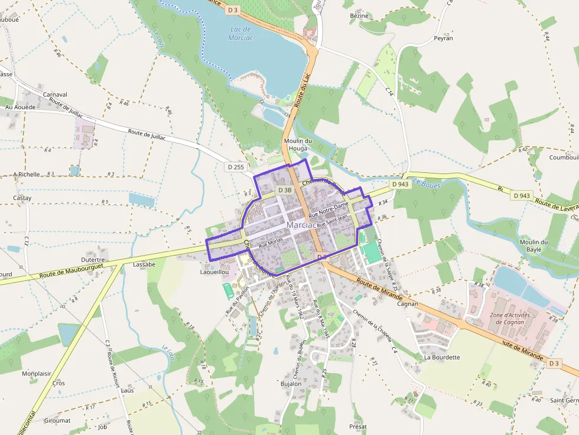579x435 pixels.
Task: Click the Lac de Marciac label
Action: (x=240, y=33)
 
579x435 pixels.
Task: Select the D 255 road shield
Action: (x=235, y=167)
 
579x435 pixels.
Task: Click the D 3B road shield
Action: (x=284, y=190)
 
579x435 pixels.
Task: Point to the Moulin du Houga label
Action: (x=298, y=145)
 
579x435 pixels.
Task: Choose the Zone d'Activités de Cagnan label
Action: (x=509, y=319)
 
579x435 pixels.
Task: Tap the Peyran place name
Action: (x=443, y=38)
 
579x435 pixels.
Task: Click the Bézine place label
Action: (x=359, y=16)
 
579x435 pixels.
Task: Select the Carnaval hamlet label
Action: (x=55, y=94)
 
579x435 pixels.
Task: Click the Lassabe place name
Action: (x=144, y=264)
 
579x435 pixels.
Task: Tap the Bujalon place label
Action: (x=291, y=384)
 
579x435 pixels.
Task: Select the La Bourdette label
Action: (x=442, y=357)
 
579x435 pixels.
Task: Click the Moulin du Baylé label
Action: (x=534, y=246)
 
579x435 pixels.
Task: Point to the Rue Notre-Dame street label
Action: (x=328, y=209)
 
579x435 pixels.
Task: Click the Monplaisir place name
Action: (x=37, y=374)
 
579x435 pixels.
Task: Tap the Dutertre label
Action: (x=93, y=259)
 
